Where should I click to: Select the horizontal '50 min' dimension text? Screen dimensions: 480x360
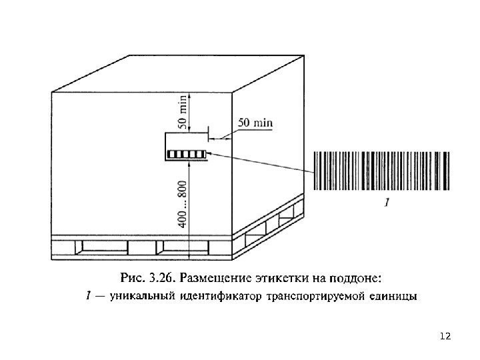coord(255,123)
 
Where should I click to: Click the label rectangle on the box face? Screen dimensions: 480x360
coord(186,147)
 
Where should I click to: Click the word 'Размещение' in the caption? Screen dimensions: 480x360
coord(235,275)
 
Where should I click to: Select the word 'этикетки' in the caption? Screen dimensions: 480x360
coord(299,275)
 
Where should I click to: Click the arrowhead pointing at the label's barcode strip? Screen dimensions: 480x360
coord(210,153)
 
